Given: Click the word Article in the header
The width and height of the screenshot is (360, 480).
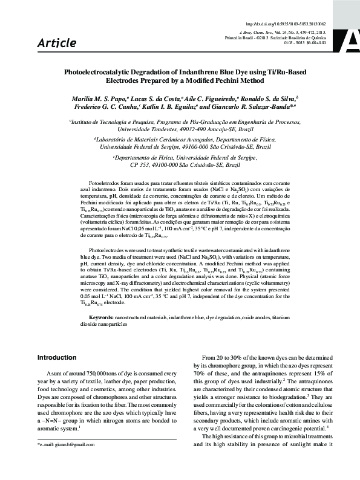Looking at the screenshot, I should click(57, 43).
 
